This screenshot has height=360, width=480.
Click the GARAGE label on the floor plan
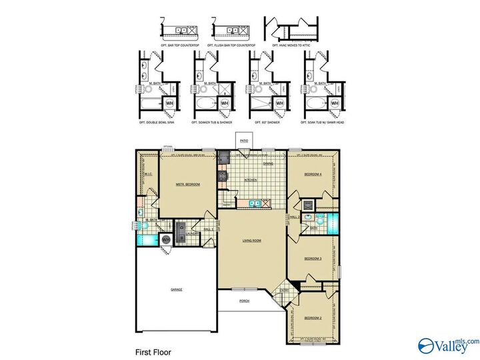176,289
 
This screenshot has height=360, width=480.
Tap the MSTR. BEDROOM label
187,184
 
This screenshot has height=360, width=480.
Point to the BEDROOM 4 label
313,175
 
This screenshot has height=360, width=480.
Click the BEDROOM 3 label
313,258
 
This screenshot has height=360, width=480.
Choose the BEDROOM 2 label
313,318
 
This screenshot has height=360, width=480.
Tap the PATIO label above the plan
244,141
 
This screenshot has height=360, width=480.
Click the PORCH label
245,301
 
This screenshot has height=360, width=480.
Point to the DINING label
267,163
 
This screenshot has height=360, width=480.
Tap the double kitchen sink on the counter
255,203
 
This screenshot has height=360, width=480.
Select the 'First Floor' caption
154,349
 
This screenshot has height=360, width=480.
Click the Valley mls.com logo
447,345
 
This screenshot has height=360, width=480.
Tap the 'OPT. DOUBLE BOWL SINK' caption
157,122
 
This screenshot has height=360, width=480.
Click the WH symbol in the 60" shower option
279,103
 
